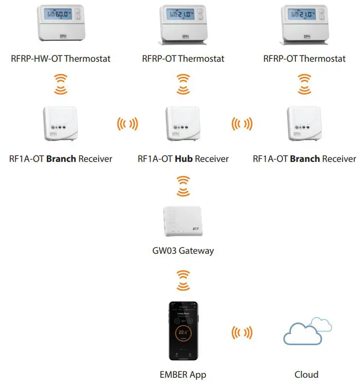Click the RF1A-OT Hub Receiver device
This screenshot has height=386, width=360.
pyautogui.click(x=183, y=123)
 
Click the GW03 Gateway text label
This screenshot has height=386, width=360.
pyautogui.click(x=183, y=251)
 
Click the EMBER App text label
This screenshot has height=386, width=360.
pyautogui.click(x=183, y=374)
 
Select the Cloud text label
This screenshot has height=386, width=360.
pyautogui.click(x=307, y=374)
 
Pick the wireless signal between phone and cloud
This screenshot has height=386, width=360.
pyautogui.click(x=242, y=333)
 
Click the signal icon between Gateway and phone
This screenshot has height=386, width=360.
pyautogui.click(x=183, y=281)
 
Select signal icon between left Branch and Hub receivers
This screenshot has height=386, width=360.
pyautogui.click(x=127, y=124)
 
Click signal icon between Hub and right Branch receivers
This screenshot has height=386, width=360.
pyautogui.click(x=242, y=124)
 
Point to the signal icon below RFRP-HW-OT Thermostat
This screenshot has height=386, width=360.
pyautogui.click(x=61, y=84)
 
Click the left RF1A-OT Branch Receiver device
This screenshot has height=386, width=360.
pyautogui.click(x=61, y=123)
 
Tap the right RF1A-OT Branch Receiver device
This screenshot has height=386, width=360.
pyautogui.click(x=304, y=123)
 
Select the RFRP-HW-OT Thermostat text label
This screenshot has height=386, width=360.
pyautogui.click(x=61, y=59)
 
